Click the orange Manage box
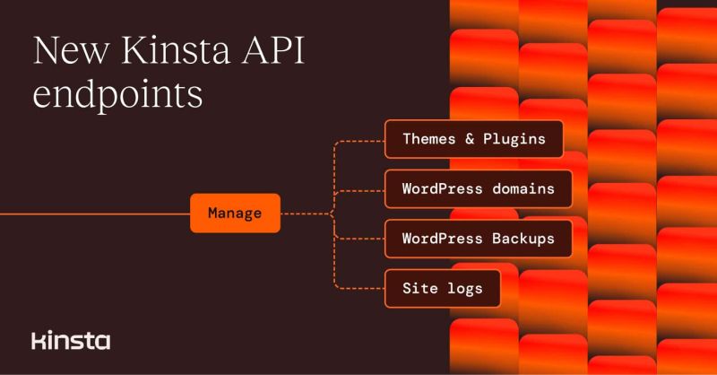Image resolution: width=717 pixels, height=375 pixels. coord(235,214)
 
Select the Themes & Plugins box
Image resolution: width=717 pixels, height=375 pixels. coord(473,139)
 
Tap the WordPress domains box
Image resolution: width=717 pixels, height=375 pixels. coord(479,189)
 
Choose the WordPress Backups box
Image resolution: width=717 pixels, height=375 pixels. coord(479,239)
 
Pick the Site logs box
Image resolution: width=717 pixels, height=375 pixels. coord(442,288)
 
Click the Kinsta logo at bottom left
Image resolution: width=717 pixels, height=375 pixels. coord(71,341)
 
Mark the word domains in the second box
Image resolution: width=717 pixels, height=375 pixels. coord(523,189)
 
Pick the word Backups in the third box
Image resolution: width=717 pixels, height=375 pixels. coord(523,239)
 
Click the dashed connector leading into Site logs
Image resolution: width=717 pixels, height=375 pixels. coord(358,288)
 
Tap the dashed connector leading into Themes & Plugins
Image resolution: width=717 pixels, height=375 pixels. coord(358,140)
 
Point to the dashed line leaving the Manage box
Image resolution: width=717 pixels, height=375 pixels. coord(305,214)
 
